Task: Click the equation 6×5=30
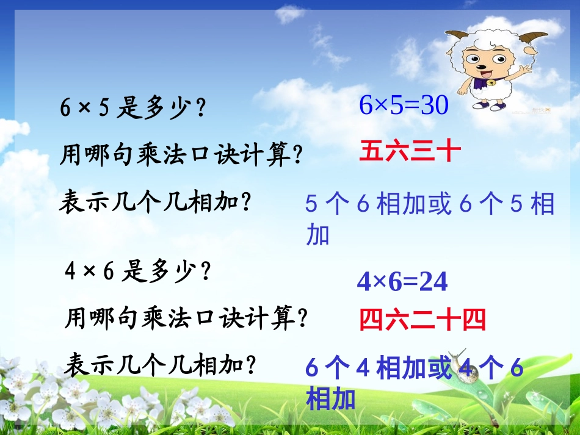(x=404, y=106)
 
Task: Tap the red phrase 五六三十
(x=409, y=151)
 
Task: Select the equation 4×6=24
(x=402, y=282)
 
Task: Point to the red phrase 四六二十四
(x=422, y=319)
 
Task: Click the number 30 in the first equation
(x=435, y=106)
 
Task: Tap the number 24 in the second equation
(x=433, y=282)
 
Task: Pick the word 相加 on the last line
(x=330, y=399)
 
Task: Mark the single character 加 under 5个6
(x=317, y=234)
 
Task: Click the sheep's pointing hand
(x=525, y=68)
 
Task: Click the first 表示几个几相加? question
(x=155, y=201)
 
